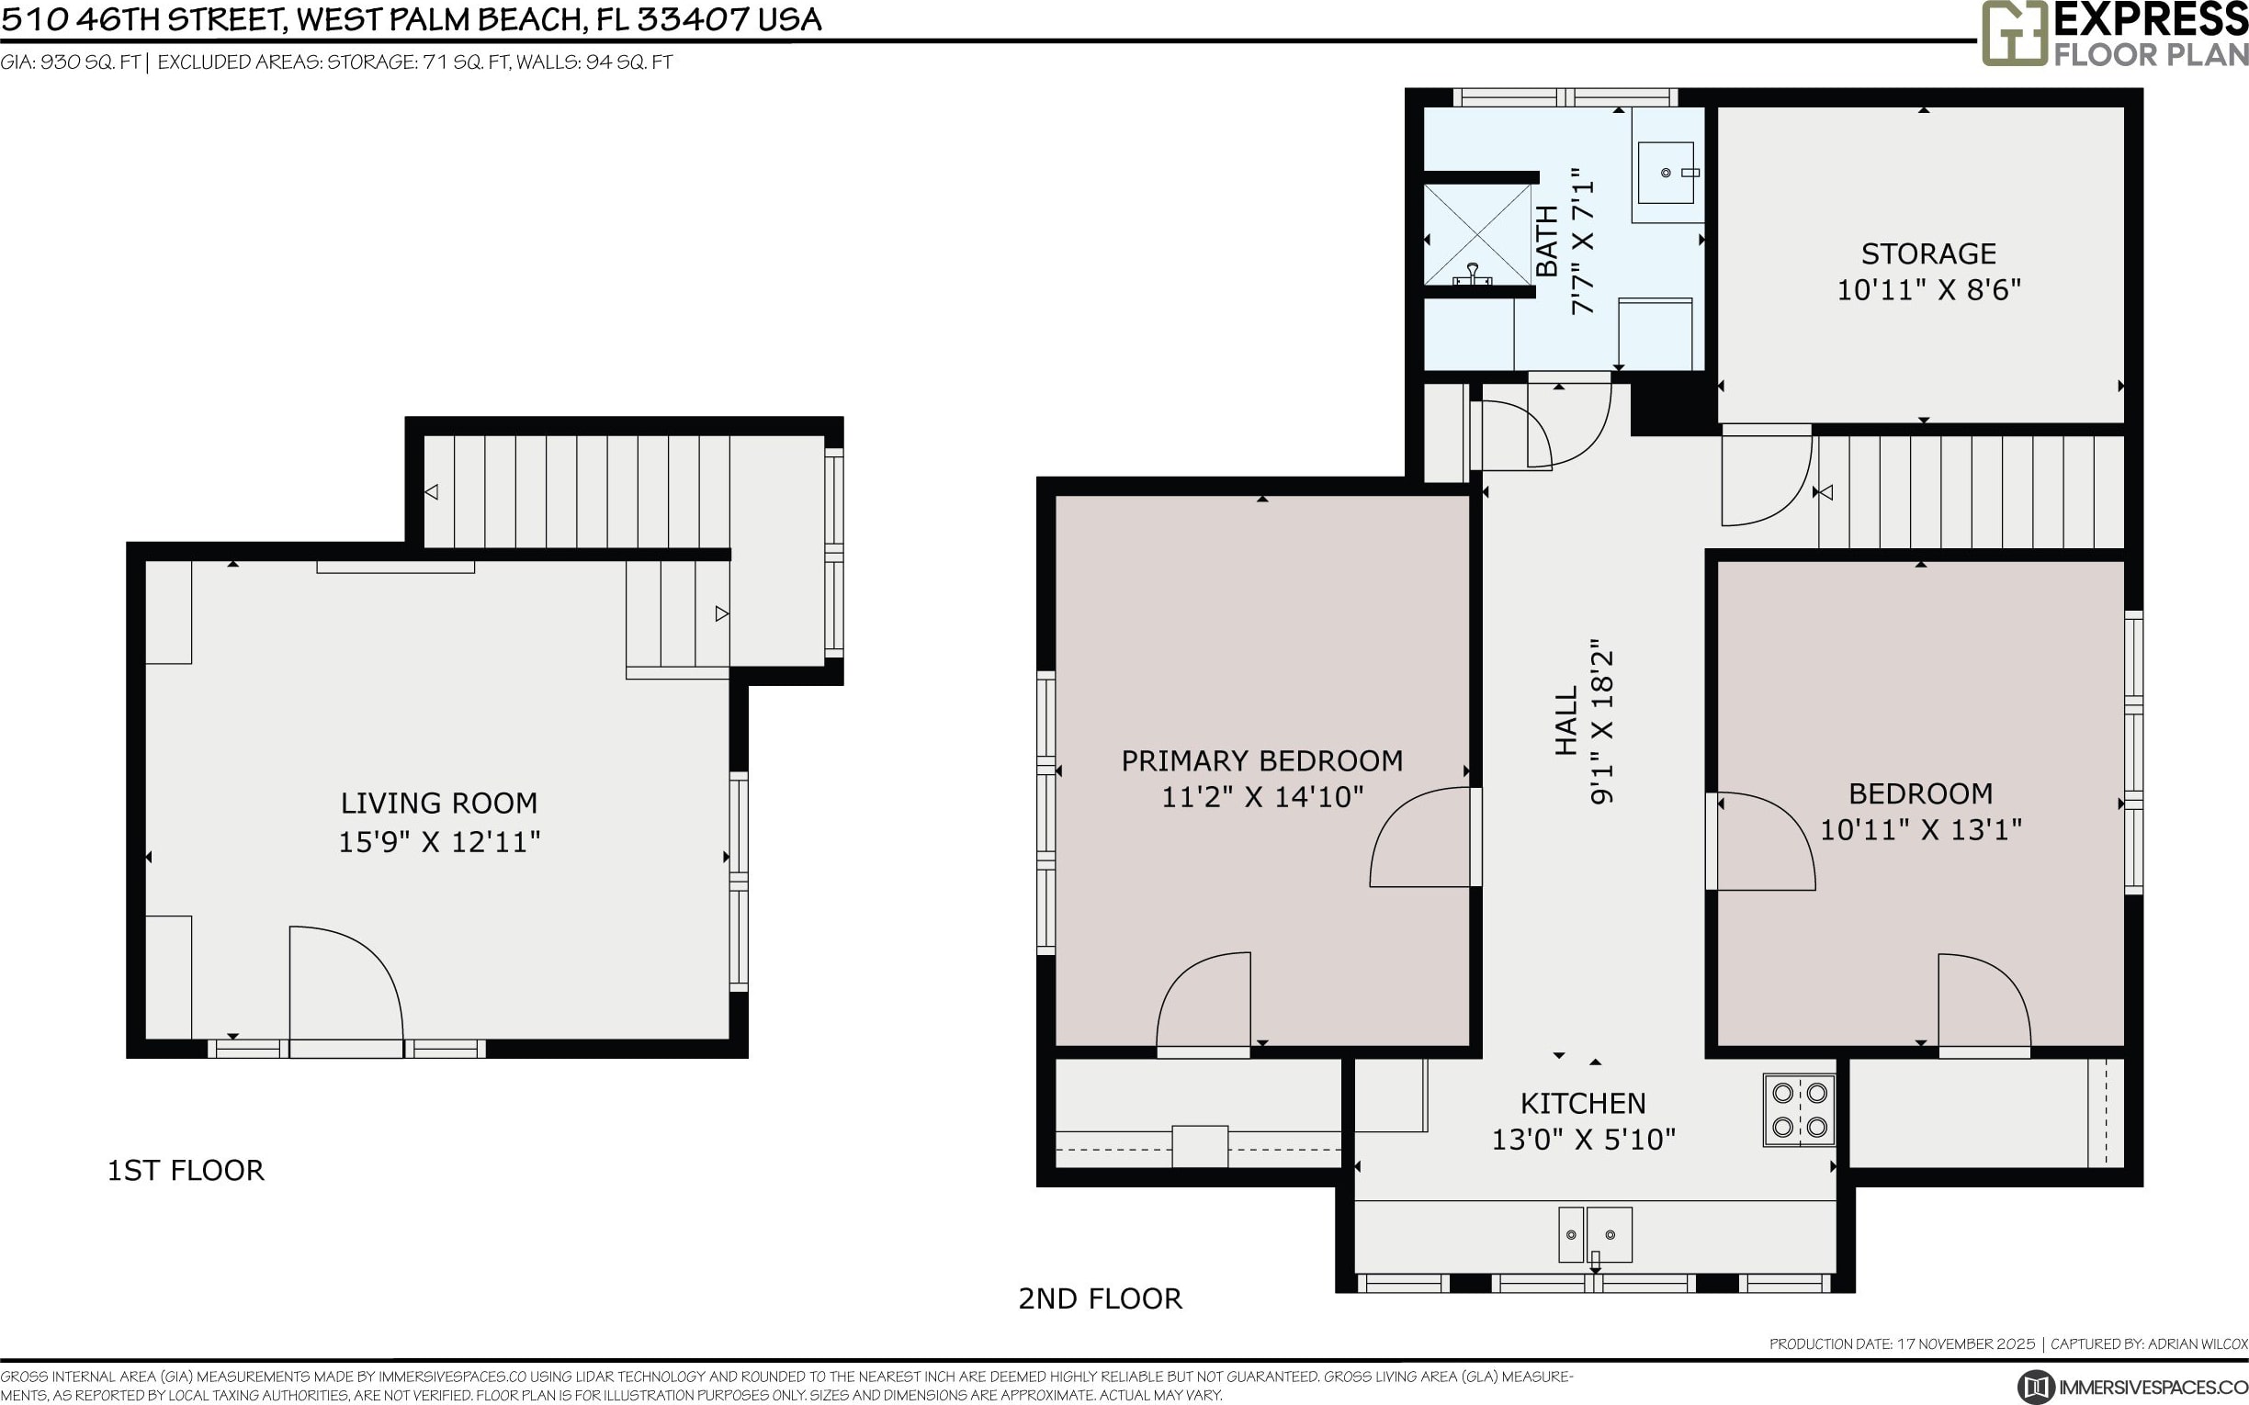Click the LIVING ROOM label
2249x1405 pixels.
click(x=438, y=803)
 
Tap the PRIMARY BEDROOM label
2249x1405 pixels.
click(x=1262, y=761)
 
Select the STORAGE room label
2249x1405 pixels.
click(x=1928, y=253)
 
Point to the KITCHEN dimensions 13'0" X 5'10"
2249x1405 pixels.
click(x=1584, y=1140)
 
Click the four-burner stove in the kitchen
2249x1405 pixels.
click(x=1799, y=1109)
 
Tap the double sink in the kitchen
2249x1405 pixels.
click(x=1595, y=1235)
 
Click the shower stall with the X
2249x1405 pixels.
click(x=1477, y=234)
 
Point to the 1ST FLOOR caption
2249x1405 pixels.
click(x=186, y=1170)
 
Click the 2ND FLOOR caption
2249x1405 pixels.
click(x=1101, y=1298)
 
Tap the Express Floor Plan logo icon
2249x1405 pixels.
click(x=2014, y=32)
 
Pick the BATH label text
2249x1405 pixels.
click(x=1546, y=241)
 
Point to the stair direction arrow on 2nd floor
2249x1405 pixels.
click(x=1824, y=492)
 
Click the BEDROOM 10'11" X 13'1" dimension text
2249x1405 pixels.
click(x=1920, y=830)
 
